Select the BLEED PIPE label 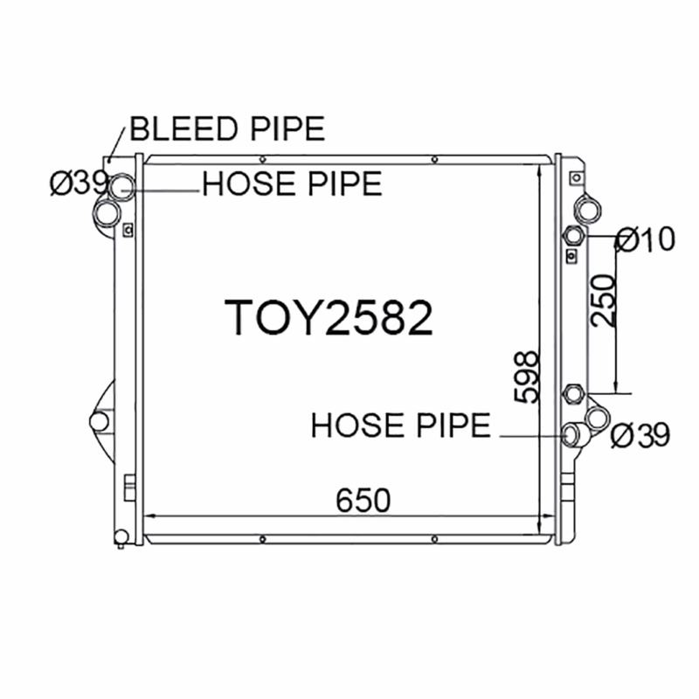(x=227, y=128)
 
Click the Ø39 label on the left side (x=78, y=183)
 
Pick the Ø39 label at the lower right (x=640, y=434)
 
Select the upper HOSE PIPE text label (x=292, y=184)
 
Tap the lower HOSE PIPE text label (x=401, y=426)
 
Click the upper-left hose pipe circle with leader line (x=122, y=185)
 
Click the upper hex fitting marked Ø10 (x=574, y=236)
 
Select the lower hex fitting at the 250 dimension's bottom (x=574, y=393)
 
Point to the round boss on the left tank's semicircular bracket (x=100, y=422)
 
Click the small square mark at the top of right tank (x=574, y=177)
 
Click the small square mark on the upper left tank (x=128, y=231)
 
